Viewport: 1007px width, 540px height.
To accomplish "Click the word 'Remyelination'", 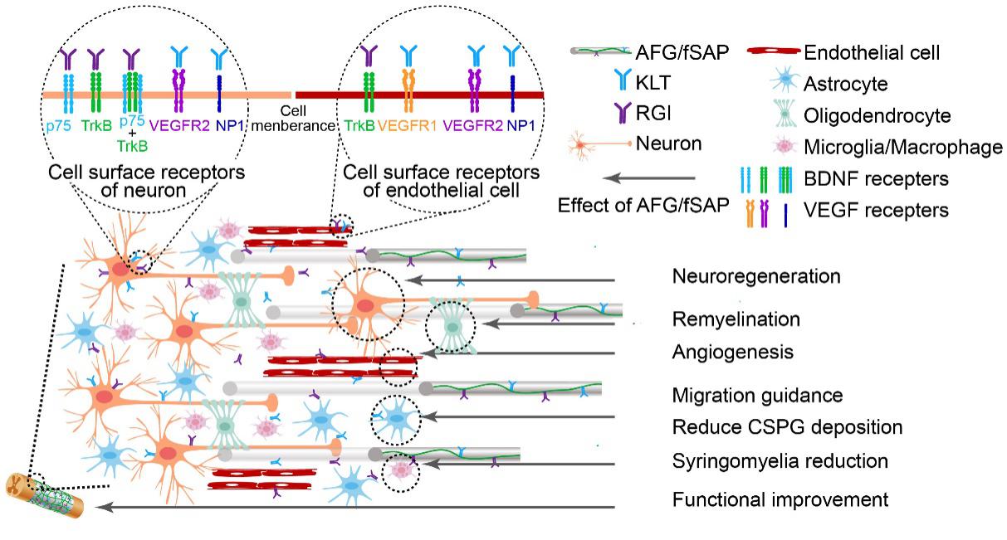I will coord(736,319).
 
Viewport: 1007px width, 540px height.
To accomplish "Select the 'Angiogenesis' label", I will coord(733,353).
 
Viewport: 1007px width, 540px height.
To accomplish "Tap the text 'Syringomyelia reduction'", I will coord(780,460).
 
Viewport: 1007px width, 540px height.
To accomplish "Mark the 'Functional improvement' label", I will coord(781,500).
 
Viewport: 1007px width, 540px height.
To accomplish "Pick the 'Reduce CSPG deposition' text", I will coord(787,427).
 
